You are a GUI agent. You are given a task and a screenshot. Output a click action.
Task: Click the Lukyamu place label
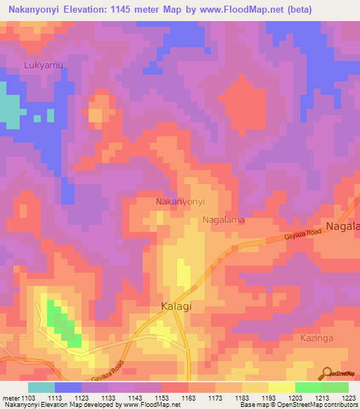[x=44, y=65]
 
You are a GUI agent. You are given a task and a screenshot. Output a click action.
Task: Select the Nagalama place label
[x=224, y=220]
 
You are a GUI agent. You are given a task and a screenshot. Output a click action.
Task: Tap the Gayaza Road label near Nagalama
[x=302, y=236]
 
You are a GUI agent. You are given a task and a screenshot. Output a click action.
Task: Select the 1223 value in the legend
[x=349, y=398]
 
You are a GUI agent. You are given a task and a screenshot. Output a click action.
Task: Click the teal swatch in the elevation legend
[x=41, y=387]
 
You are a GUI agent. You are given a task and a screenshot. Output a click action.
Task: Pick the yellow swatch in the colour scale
[x=282, y=387]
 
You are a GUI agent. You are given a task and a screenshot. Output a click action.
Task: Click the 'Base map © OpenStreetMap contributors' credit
[x=298, y=405]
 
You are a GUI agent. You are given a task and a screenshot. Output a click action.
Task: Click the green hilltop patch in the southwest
[x=63, y=324]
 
